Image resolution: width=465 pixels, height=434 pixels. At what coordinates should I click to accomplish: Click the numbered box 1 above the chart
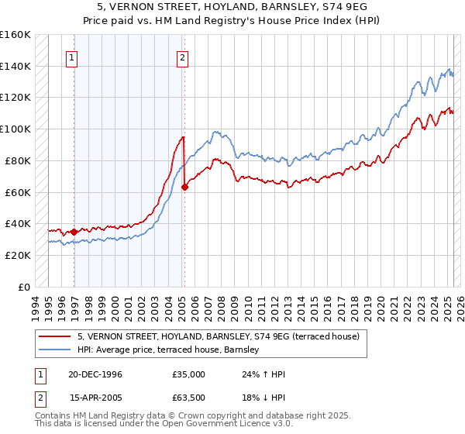(x=71, y=57)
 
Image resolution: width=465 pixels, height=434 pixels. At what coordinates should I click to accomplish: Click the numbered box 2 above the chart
(x=182, y=57)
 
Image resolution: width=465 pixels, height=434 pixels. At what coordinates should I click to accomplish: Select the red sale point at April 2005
(x=184, y=186)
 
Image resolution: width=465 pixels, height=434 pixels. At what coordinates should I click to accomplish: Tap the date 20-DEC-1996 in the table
(x=96, y=374)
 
